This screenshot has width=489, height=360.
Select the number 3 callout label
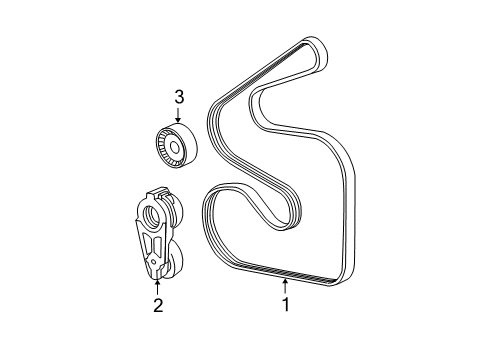pos(179,97)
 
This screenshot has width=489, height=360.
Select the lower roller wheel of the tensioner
pos(172,266)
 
